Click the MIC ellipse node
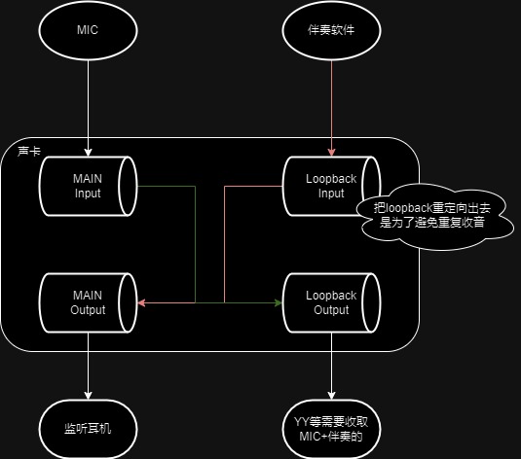click(88, 31)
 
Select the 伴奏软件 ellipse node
click(332, 31)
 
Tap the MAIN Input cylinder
click(88, 185)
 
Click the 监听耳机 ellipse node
click(88, 427)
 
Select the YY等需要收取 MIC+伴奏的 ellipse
click(332, 427)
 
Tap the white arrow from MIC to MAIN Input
click(88, 107)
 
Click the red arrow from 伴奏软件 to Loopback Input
click(332, 107)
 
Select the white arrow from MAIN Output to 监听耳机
click(88, 370)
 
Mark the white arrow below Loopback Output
click(332, 370)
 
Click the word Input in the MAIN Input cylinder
click(88, 193)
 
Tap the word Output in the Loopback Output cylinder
click(332, 310)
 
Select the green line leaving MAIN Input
click(166, 185)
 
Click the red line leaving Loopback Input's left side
click(253, 185)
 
